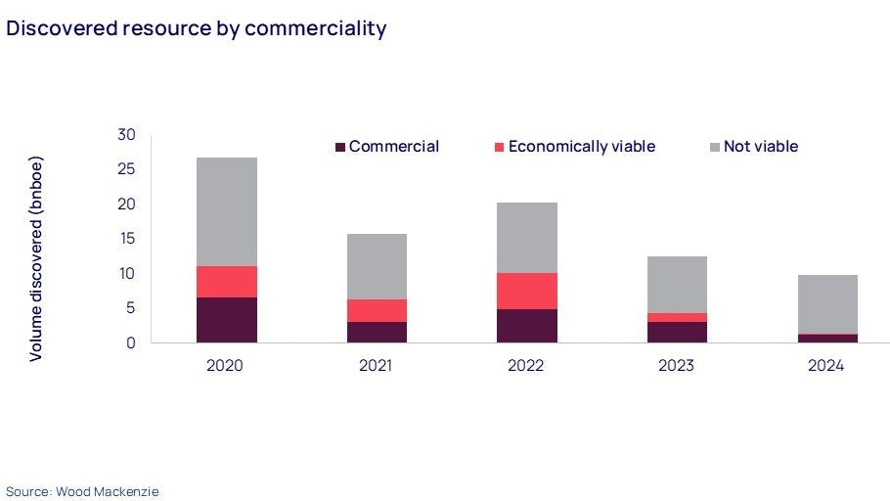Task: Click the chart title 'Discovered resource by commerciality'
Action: [197, 28]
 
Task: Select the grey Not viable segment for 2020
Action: [226, 211]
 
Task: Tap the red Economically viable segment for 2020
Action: [226, 282]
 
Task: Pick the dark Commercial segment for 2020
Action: [226, 320]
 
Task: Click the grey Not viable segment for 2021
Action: [377, 266]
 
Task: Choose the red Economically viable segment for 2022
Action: [526, 291]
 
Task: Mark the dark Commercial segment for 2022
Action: [526, 326]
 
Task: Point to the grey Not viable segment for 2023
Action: [677, 285]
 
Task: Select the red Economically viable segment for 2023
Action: [677, 317]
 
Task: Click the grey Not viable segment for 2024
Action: [827, 303]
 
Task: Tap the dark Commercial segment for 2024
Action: [827, 339]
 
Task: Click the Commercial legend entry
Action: [387, 147]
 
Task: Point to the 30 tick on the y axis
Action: [127, 134]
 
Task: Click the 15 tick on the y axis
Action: [127, 239]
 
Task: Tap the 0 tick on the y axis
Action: [131, 342]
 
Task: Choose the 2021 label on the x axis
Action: [377, 366]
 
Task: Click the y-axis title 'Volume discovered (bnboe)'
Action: [36, 258]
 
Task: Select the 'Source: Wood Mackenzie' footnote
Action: [82, 490]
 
